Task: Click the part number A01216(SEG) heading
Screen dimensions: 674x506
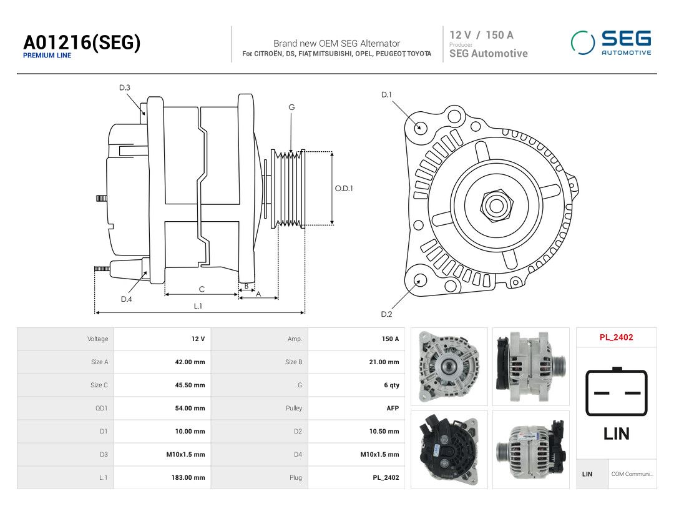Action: click(82, 42)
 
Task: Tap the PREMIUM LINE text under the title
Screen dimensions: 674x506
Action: click(47, 56)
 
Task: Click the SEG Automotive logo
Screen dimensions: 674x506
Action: click(611, 42)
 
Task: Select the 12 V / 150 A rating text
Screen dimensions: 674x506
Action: click(481, 35)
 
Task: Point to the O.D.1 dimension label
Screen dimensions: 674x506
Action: click(344, 189)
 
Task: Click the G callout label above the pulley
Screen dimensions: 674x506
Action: click(291, 107)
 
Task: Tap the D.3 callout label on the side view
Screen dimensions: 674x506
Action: click(125, 88)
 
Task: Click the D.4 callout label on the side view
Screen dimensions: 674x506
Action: click(126, 299)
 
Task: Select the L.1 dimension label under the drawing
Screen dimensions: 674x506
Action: click(198, 306)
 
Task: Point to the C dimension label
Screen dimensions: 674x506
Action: click(202, 289)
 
